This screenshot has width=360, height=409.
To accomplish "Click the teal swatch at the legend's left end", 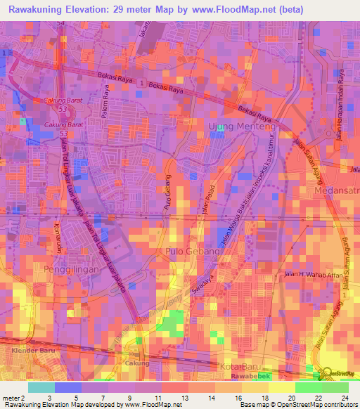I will click(x=41, y=387).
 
